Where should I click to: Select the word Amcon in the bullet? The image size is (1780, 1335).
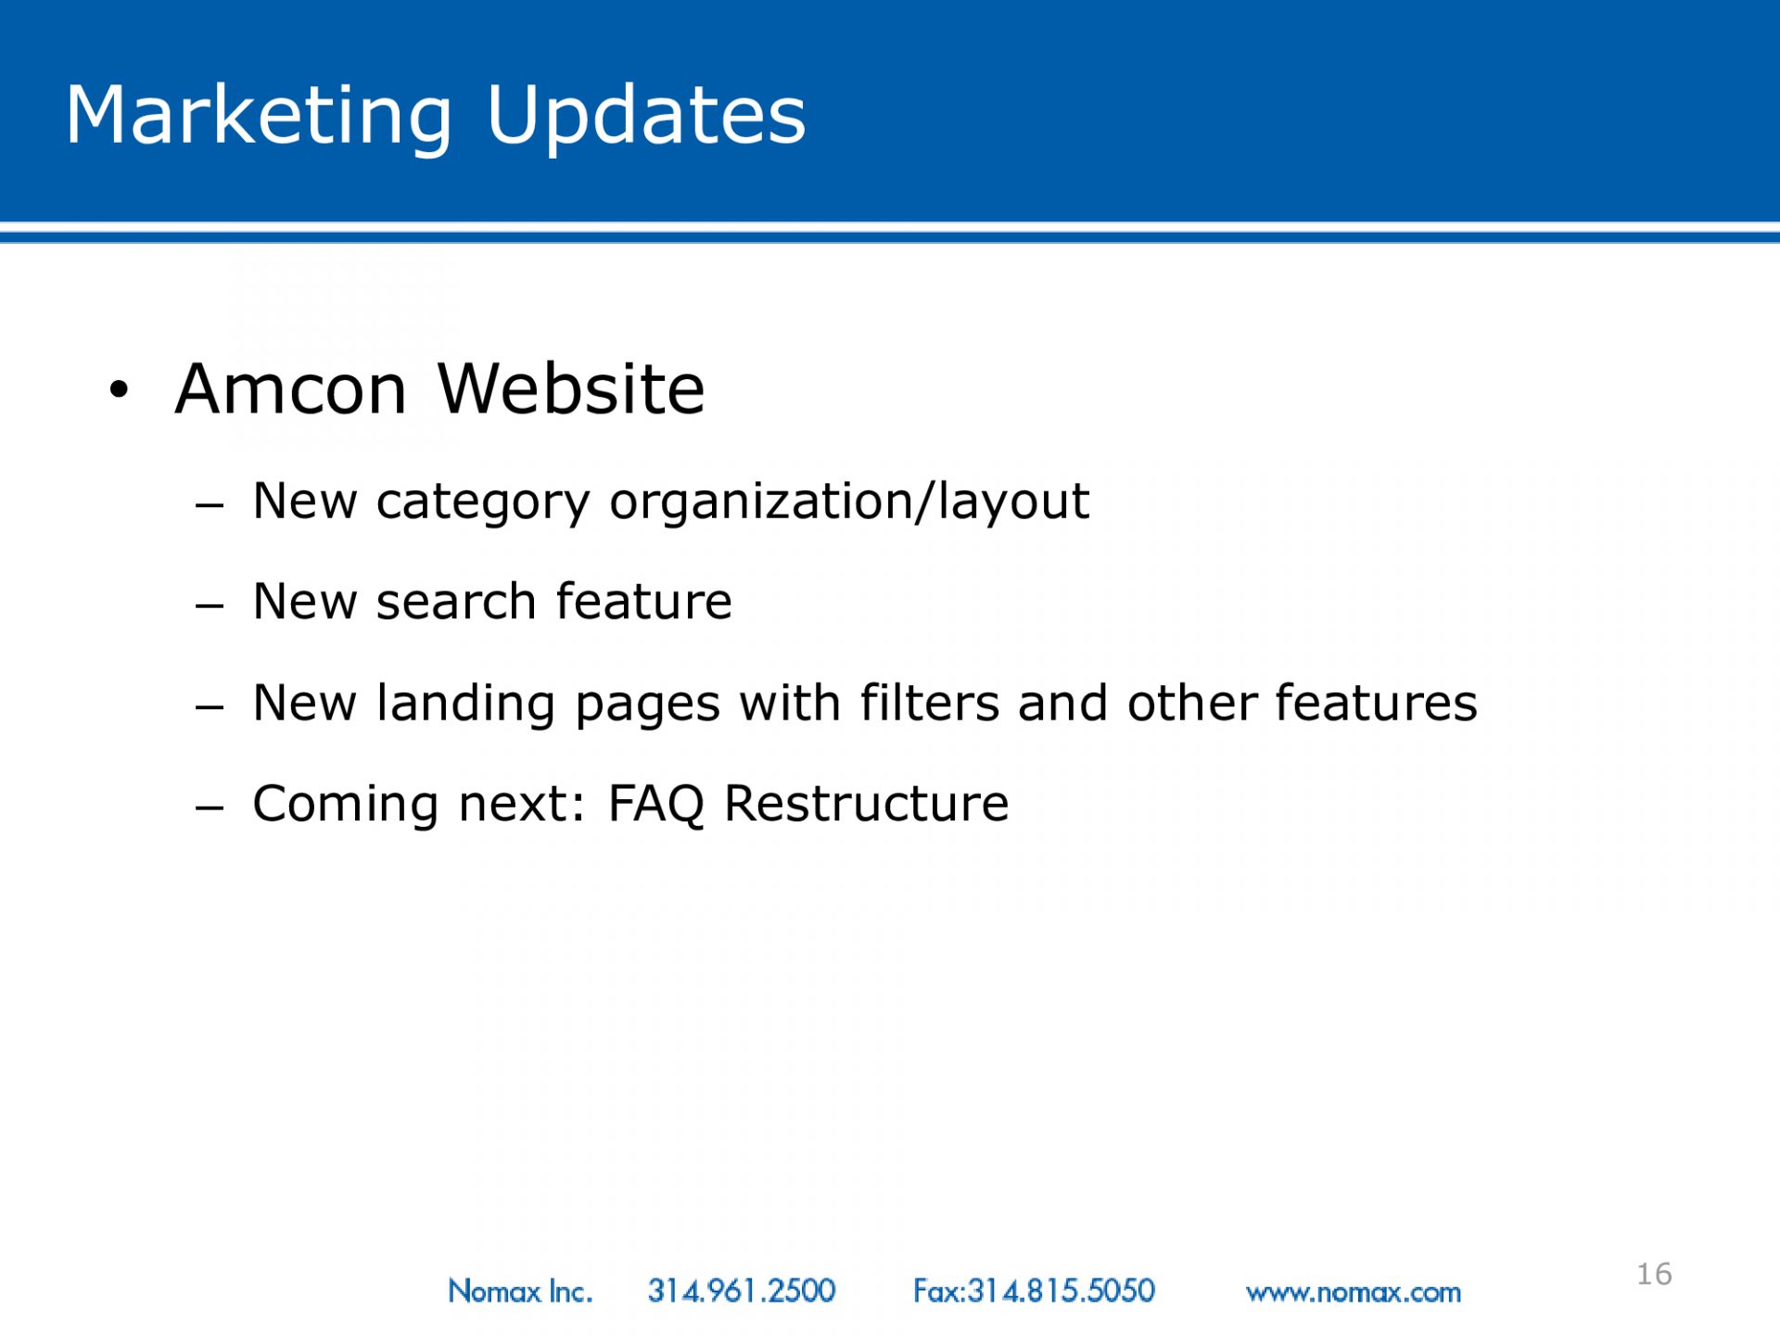[291, 388]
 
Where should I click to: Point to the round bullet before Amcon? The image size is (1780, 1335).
[118, 389]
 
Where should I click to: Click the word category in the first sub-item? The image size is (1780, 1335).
[483, 503]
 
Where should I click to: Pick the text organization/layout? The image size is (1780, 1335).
[849, 502]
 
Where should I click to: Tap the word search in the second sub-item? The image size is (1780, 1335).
[456, 603]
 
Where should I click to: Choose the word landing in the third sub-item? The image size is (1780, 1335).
[466, 704]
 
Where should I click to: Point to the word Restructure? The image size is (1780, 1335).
[867, 803]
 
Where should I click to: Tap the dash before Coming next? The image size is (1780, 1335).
[210, 807]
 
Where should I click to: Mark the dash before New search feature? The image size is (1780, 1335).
[210, 606]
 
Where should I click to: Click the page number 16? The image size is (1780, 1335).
[1655, 1274]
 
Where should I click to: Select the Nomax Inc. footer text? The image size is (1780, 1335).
[520, 1290]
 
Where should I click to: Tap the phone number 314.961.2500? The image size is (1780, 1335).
[742, 1290]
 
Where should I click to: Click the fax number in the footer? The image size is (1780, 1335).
[1035, 1290]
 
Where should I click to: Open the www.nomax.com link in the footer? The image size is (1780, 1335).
[1354, 1292]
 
